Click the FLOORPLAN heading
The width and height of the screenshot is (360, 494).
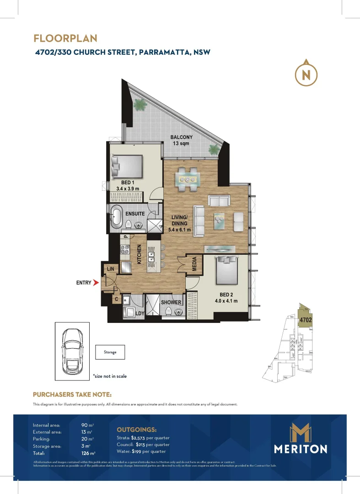[x=65, y=38]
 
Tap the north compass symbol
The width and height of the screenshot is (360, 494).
[x=306, y=74]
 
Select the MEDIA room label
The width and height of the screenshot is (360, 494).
[x=194, y=263]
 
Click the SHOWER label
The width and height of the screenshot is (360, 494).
[x=171, y=302]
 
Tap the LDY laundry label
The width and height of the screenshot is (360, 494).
[x=140, y=313]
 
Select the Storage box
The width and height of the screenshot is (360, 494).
[x=110, y=352]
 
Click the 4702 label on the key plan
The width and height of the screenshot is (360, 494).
[x=305, y=320]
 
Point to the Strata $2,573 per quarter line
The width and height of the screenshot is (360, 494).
[x=143, y=438]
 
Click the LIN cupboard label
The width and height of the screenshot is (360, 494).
[x=111, y=268]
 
